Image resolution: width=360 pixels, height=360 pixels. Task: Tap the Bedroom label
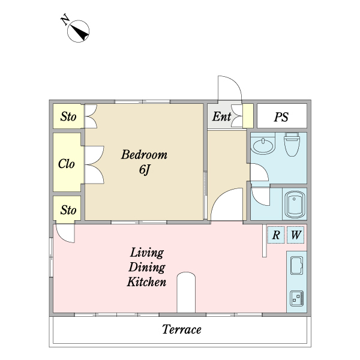(144, 155)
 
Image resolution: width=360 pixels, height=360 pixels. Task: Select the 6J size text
(144, 170)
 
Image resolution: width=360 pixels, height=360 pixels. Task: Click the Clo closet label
(67, 163)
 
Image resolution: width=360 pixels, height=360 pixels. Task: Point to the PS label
(281, 117)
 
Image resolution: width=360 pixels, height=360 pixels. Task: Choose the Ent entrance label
(221, 117)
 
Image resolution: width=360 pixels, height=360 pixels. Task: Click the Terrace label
(181, 329)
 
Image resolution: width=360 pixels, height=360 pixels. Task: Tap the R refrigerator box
(275, 235)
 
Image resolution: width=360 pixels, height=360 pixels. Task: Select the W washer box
(295, 235)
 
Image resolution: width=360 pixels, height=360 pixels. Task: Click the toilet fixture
(292, 145)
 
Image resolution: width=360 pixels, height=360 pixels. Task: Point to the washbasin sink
(262, 146)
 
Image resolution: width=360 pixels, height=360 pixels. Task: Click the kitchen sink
(296, 265)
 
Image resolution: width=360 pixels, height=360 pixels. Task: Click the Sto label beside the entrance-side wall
(68, 117)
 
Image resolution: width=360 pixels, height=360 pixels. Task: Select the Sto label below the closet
(68, 210)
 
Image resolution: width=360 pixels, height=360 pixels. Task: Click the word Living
(147, 253)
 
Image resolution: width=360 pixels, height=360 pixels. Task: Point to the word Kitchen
(146, 281)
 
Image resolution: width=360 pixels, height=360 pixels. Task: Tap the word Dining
(147, 267)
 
